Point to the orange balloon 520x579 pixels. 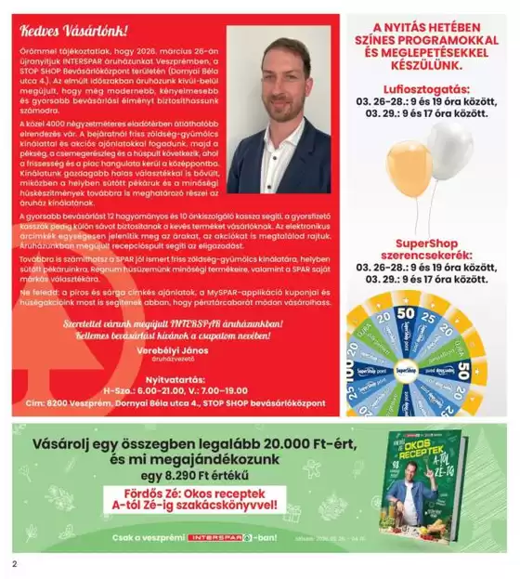[x=409, y=167]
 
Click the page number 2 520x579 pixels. [x=15, y=563]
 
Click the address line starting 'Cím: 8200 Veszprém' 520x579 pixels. [x=175, y=403]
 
